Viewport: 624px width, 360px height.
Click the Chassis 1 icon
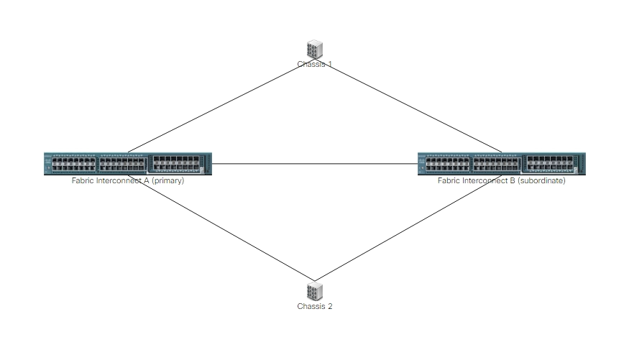(314, 50)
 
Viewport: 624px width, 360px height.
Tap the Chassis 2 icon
(314, 291)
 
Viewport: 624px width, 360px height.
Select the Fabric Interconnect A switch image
(128, 164)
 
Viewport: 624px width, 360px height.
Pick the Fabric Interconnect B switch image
(502, 164)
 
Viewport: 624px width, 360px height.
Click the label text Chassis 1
(314, 64)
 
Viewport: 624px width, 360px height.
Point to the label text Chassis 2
(314, 306)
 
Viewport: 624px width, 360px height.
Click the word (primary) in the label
(168, 180)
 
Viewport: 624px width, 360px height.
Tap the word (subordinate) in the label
(541, 180)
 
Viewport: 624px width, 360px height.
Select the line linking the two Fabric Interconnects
(315, 164)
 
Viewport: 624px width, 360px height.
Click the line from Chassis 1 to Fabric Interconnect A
(221, 106)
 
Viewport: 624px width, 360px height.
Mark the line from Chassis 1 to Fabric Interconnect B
(408, 106)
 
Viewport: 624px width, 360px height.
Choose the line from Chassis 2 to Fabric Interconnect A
(221, 228)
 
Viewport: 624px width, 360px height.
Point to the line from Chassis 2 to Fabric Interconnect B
(408, 228)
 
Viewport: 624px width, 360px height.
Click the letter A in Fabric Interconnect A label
(146, 180)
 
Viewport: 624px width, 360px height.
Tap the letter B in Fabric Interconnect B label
(512, 180)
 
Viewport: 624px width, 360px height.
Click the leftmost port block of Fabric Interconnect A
(74, 164)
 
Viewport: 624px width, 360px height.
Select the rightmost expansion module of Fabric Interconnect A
(176, 164)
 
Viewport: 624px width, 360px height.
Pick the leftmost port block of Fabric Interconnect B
(448, 164)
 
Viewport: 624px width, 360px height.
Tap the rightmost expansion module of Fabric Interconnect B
(550, 164)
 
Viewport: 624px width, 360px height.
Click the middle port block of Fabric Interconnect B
(496, 164)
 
